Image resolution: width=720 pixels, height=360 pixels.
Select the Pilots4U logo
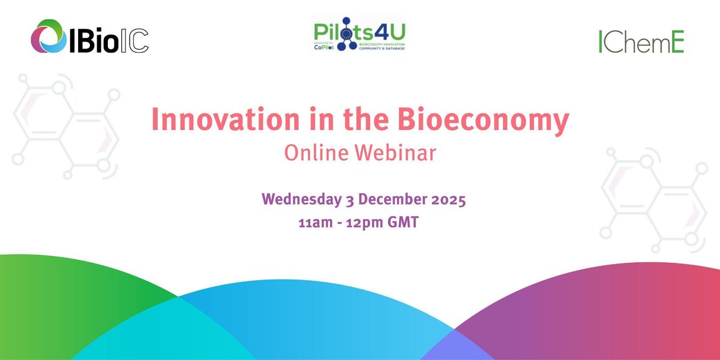[x=358, y=37]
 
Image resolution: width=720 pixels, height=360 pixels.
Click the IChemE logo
[x=641, y=41]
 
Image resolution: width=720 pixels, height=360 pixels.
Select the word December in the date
[x=391, y=199]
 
